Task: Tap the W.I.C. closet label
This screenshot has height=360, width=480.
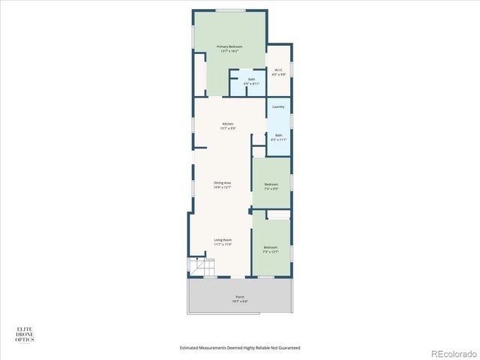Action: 278,70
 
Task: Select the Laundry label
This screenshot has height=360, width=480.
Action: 278,107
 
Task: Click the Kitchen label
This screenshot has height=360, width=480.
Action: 228,124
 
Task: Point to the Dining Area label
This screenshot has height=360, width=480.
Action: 222,183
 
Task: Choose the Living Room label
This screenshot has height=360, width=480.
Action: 222,240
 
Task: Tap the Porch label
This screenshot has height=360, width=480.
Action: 240,297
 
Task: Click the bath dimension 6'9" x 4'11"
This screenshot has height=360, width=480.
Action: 252,83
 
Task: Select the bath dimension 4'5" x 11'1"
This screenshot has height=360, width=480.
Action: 278,139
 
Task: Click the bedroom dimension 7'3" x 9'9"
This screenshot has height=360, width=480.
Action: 271,189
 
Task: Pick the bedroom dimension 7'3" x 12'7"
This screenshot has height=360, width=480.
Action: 271,251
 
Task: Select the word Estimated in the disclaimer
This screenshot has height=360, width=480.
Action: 192,348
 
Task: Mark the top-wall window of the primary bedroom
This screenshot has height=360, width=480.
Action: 228,10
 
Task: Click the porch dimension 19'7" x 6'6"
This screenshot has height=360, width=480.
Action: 240,301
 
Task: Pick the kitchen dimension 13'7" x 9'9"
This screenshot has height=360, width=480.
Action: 228,128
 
